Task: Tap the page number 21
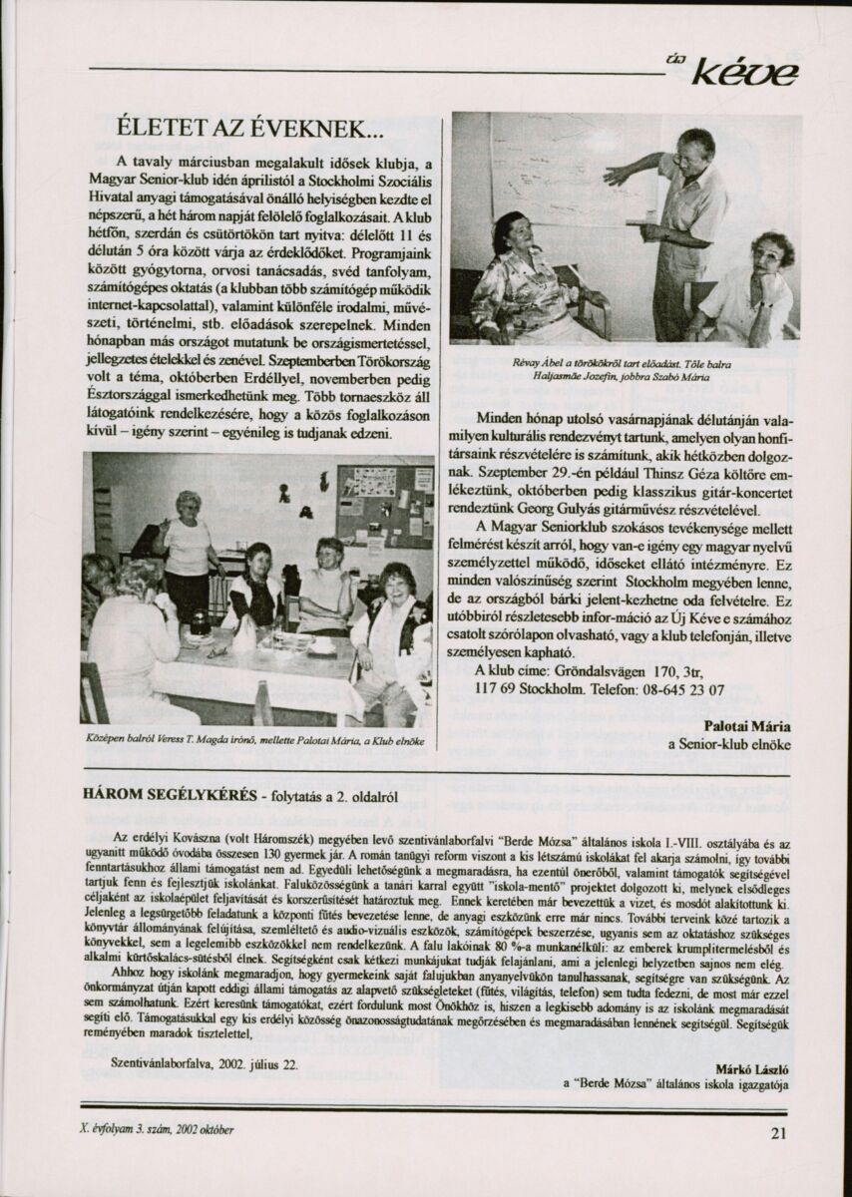pos(779,1131)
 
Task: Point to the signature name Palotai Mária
pos(747,725)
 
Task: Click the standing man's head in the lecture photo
pos(694,148)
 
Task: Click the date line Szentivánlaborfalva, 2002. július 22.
pos(205,1063)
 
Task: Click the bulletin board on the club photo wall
pos(384,504)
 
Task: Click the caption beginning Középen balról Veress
pos(256,741)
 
